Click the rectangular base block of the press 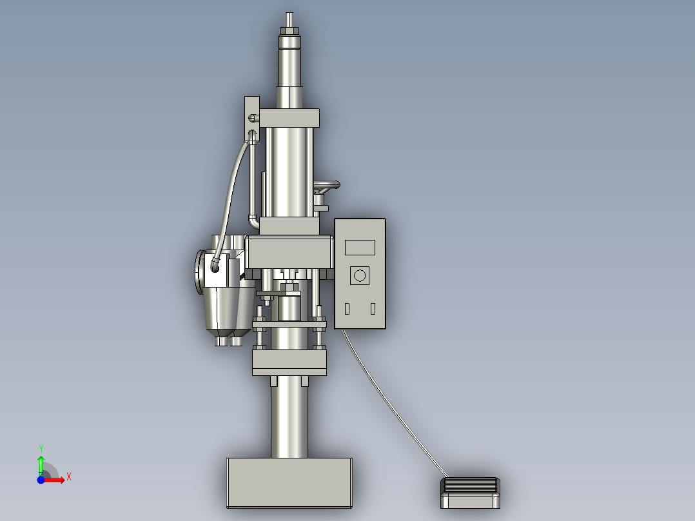click(x=289, y=482)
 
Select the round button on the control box click(x=360, y=276)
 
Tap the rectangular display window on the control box click(x=360, y=247)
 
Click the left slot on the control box click(x=347, y=309)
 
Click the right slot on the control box click(x=373, y=309)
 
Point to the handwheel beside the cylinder click(x=326, y=186)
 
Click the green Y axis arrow click(x=41, y=464)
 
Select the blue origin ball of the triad click(x=41, y=480)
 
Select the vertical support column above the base click(x=289, y=419)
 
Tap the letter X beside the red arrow click(x=69, y=477)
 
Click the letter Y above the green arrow click(x=41, y=448)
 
